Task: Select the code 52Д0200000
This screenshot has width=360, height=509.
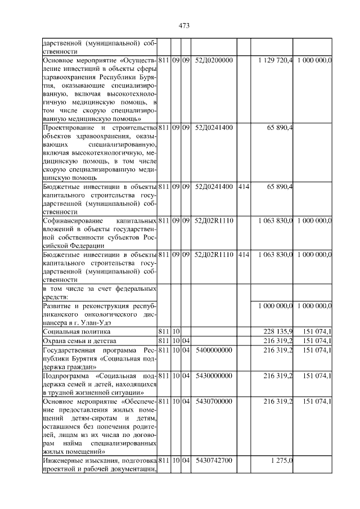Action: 214,60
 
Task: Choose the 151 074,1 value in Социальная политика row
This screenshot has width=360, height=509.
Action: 317,332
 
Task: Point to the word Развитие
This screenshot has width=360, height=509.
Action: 58,305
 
